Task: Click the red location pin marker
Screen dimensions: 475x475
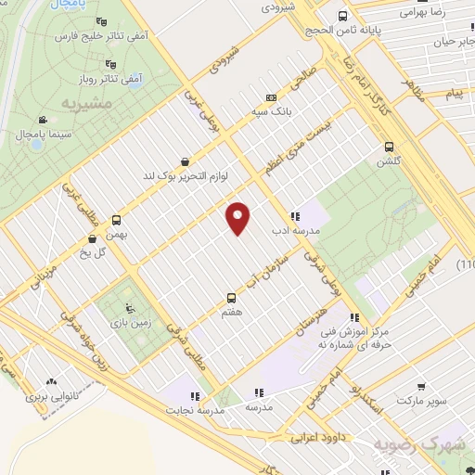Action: coord(238,218)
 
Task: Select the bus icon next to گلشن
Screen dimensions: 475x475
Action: coord(389,146)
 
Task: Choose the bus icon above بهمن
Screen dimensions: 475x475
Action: coord(116,220)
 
